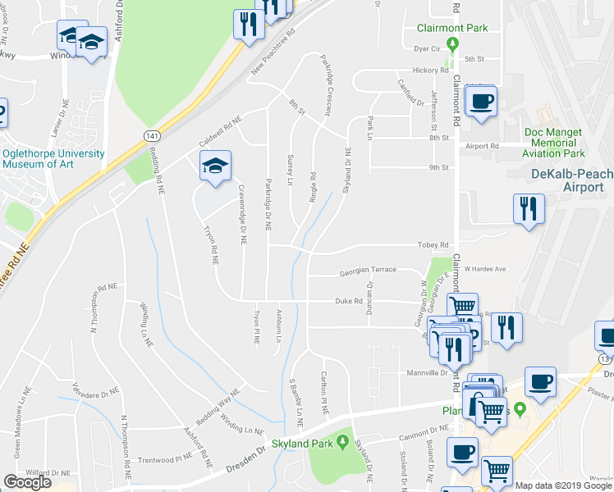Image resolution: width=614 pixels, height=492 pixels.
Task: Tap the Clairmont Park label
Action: tap(451, 28)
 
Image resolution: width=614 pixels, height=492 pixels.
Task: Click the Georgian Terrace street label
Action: tap(369, 270)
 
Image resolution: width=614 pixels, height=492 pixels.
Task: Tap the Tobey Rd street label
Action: tap(433, 245)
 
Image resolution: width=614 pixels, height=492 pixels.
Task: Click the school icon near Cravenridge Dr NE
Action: tap(215, 165)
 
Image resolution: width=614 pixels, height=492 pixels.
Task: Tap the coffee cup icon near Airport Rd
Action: tap(481, 102)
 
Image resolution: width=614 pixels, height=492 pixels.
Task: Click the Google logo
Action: tap(28, 482)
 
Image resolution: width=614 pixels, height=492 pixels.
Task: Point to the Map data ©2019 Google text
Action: tap(563, 485)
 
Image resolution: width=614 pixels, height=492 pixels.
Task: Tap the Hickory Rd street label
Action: tap(426, 71)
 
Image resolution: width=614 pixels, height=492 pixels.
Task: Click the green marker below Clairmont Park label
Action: tap(451, 43)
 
